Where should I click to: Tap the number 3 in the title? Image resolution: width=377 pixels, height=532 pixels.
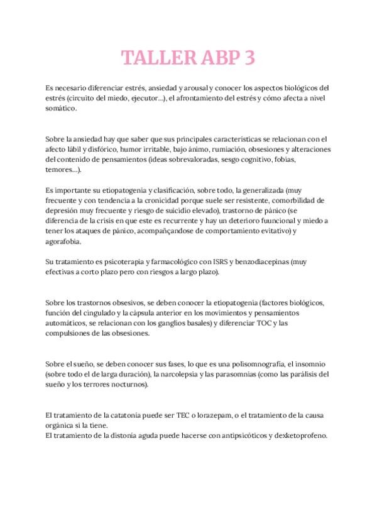tap(248, 58)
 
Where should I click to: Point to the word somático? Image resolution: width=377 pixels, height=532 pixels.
tap(62, 109)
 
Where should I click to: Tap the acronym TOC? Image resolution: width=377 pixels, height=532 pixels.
tap(263, 322)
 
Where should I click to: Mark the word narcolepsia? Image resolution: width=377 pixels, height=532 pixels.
tap(180, 374)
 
